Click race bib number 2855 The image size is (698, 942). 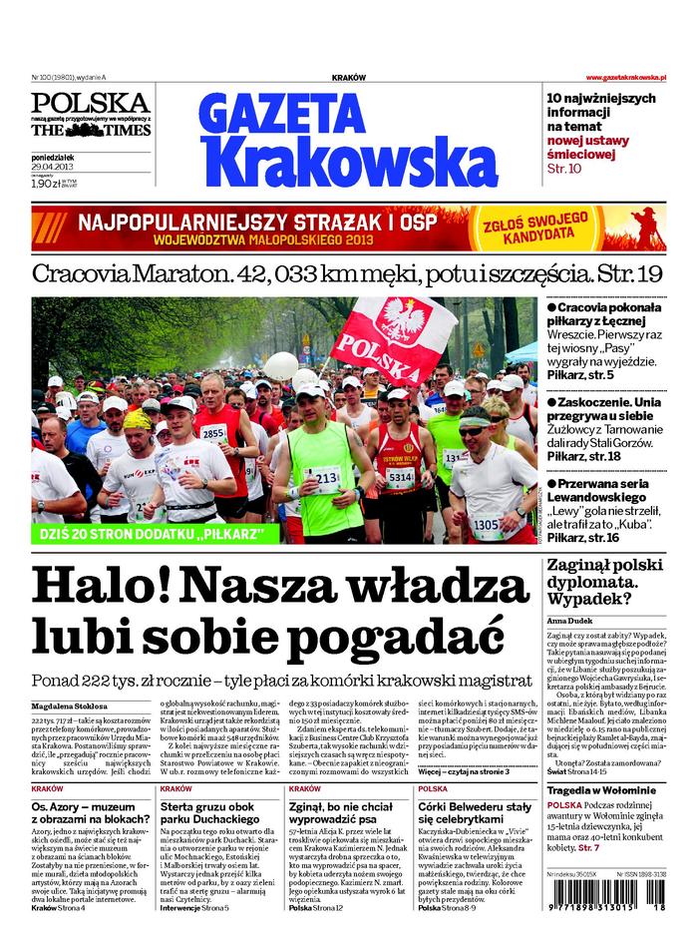tap(212, 433)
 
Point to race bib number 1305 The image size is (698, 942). tap(487, 524)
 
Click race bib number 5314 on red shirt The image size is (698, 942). tap(400, 478)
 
